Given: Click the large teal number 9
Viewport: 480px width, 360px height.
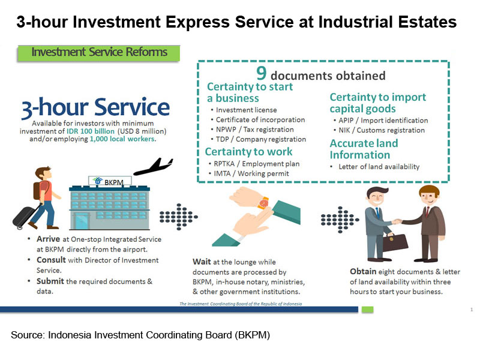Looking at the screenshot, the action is [x=261, y=73].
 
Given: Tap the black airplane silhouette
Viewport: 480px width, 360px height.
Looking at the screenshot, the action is [x=154, y=167].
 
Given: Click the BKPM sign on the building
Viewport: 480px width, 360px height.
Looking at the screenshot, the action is [x=110, y=182].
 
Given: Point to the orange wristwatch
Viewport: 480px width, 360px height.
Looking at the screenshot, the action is [x=263, y=203].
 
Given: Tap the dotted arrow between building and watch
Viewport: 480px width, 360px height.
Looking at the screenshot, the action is [x=178, y=217].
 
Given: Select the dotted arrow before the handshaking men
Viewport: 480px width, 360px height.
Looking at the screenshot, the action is [x=340, y=220].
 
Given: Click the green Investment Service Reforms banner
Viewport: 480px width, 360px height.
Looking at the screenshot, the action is [x=99, y=53].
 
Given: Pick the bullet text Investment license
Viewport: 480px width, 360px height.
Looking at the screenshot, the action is [x=246, y=110].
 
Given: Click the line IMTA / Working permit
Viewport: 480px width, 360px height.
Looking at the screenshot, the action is [x=251, y=173].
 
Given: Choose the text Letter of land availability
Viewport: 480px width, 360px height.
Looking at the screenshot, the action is [x=379, y=167].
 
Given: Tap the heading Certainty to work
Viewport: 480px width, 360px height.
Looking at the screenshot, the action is [x=248, y=152].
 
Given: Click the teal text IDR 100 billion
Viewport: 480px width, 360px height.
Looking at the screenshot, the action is [x=91, y=131].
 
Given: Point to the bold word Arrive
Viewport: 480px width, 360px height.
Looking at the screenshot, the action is [x=49, y=239].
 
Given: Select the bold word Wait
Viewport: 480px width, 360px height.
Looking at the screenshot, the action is [x=202, y=262].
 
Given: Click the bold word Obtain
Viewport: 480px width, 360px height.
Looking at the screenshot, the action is [x=363, y=272].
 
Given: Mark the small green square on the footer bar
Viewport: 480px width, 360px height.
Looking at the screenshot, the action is [x=367, y=310].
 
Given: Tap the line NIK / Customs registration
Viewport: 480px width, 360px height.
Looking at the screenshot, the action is [x=382, y=130].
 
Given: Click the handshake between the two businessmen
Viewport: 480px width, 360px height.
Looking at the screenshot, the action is [x=397, y=221].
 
